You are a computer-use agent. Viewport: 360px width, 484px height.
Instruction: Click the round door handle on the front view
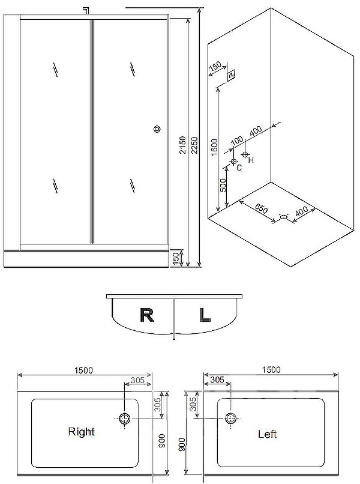158,129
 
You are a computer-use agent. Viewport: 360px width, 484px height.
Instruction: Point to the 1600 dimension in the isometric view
214,145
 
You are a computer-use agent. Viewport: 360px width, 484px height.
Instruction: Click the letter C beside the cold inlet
239,168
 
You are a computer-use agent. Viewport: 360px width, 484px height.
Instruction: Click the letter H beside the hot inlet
251,160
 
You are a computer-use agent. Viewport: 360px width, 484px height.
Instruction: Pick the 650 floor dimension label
260,208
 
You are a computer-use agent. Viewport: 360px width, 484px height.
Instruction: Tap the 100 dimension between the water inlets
236,140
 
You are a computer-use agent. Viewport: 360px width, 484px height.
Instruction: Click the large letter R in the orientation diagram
147,315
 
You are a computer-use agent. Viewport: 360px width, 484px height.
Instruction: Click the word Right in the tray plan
81,431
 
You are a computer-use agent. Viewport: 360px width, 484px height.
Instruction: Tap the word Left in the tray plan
267,434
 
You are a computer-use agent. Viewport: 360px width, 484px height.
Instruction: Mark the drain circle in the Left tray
231,419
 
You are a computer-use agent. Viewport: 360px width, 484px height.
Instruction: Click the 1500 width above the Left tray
271,371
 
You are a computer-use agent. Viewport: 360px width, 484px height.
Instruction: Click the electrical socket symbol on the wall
232,74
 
